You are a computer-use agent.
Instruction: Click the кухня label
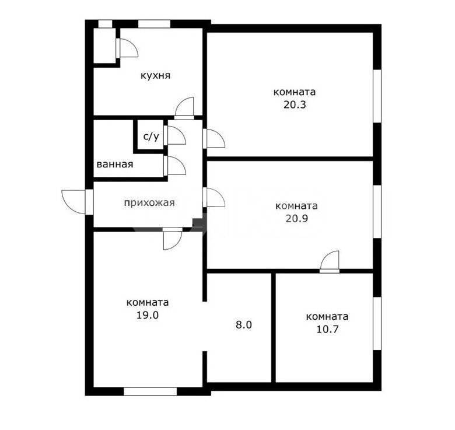tap(156, 76)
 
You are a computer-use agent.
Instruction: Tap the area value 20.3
tap(295, 104)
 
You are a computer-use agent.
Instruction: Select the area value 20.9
tap(296, 218)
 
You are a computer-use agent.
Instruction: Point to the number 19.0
tap(148, 315)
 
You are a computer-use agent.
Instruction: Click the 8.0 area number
tap(244, 324)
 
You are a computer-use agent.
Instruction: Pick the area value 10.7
tap(328, 329)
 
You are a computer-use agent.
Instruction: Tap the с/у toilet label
tap(151, 136)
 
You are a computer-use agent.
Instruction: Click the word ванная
tap(115, 165)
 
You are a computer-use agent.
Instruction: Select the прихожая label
tap(149, 203)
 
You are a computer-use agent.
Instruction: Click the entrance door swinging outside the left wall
tap(77, 202)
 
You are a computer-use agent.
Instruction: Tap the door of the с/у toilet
tap(174, 135)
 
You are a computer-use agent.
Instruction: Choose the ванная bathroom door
tap(174, 166)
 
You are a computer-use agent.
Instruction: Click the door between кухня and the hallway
tap(184, 108)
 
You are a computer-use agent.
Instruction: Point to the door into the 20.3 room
tap(214, 138)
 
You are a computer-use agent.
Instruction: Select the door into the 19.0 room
tap(173, 239)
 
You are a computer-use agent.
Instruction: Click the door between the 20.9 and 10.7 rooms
tap(330, 262)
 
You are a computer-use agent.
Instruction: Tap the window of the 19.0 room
tap(150, 391)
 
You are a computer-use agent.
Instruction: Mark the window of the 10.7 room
tap(377, 323)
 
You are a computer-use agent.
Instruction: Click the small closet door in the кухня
tap(127, 48)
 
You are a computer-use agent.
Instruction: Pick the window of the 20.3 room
tap(377, 96)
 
